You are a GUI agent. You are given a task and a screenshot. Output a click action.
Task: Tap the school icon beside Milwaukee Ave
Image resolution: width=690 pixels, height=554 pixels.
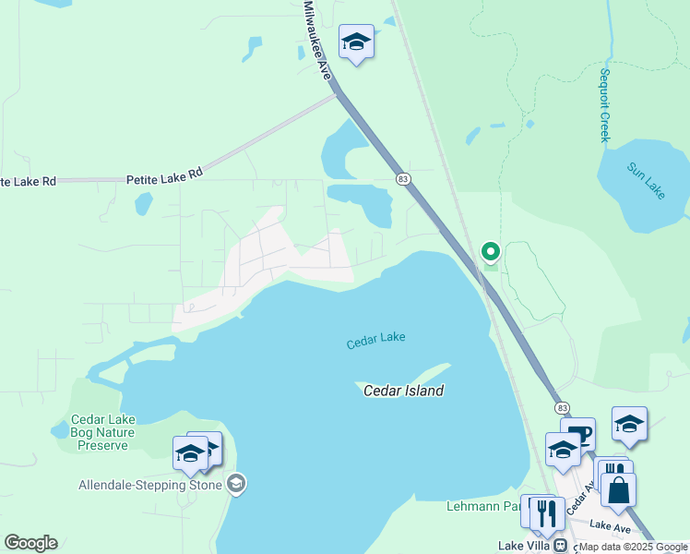(356, 42)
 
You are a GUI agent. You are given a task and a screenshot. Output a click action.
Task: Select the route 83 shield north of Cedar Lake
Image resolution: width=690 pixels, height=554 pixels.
(402, 177)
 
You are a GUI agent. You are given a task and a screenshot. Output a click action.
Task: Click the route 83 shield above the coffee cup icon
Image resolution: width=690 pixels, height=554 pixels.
(562, 407)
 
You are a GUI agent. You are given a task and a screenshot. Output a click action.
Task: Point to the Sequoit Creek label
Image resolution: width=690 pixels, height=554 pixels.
(605, 105)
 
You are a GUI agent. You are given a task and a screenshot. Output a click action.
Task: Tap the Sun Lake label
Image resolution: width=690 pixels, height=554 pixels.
(645, 179)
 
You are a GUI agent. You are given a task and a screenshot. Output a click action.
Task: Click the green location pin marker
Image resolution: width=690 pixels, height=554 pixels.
(491, 251)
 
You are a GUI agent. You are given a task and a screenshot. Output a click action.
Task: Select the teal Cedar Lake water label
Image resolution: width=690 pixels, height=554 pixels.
(375, 342)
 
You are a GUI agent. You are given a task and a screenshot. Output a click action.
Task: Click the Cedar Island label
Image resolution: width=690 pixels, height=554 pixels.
(403, 391)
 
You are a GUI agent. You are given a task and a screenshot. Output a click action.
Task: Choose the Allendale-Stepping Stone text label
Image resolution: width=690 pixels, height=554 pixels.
(149, 486)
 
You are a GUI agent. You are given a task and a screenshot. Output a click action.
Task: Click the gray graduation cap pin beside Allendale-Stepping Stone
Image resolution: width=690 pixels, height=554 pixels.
(236, 484)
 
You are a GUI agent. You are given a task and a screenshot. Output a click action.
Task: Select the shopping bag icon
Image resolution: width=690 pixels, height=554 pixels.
(618, 488)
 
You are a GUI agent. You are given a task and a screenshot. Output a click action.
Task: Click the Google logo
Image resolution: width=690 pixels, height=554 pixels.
(30, 543)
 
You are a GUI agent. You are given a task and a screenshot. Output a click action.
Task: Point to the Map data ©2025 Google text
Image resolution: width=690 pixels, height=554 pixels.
(633, 548)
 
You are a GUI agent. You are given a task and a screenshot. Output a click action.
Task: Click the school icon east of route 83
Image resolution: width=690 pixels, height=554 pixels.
(629, 424)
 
